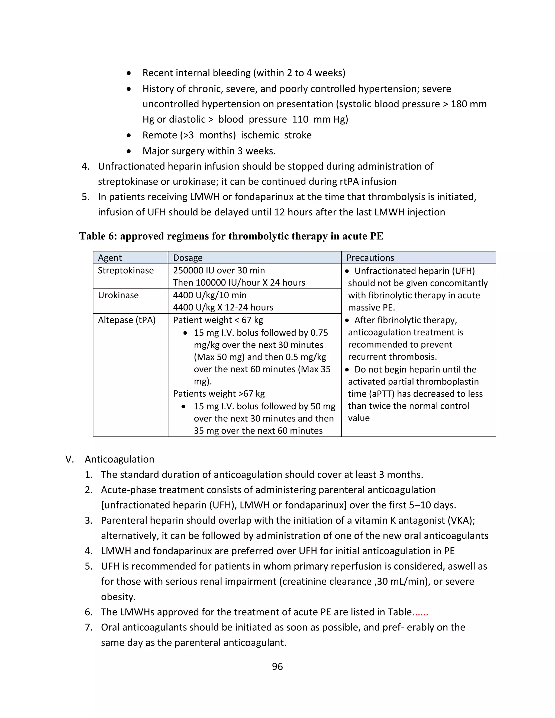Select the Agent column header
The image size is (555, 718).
pos(110,258)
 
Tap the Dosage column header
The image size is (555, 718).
pos(188,258)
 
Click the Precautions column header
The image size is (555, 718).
pos(370,258)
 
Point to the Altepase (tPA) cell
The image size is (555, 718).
pos(127,320)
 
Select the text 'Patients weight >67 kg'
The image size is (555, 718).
pos(219,393)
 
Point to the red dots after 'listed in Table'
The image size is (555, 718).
pos(420,612)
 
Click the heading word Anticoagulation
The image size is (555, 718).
pos(119,459)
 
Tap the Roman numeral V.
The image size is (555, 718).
pos(69,459)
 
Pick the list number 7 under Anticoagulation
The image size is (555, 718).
pos(88,627)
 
